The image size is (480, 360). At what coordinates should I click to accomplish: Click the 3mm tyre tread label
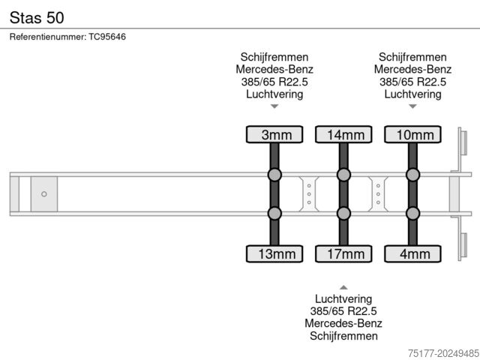pos(274,135)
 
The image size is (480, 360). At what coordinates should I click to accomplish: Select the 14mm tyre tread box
pos(343,135)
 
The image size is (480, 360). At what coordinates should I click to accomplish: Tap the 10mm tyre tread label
pos(412,135)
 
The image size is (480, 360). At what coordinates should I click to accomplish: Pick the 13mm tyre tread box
pos(274,253)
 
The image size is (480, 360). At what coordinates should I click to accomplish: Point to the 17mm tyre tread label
pos(343,253)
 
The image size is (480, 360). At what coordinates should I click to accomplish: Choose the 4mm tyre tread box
pos(412,253)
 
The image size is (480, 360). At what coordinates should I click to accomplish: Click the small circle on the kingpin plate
pos(44,194)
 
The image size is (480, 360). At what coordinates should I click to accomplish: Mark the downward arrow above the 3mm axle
pos(274,107)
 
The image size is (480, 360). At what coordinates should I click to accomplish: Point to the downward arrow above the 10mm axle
pos(412,107)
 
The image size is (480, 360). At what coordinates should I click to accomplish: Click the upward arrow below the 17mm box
pos(343,286)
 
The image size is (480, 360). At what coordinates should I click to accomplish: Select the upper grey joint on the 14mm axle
pos(343,175)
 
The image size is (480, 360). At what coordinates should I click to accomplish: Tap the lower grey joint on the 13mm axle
pos(274,214)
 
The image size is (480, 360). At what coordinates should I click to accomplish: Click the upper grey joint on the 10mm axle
pos(412,175)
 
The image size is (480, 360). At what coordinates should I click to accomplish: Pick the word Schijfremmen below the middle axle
pos(343,336)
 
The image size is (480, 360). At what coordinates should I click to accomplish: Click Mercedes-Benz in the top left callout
pos(274,70)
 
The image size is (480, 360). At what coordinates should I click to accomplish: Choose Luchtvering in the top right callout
pos(412,94)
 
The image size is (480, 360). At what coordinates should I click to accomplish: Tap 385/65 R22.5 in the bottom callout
pos(343,311)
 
